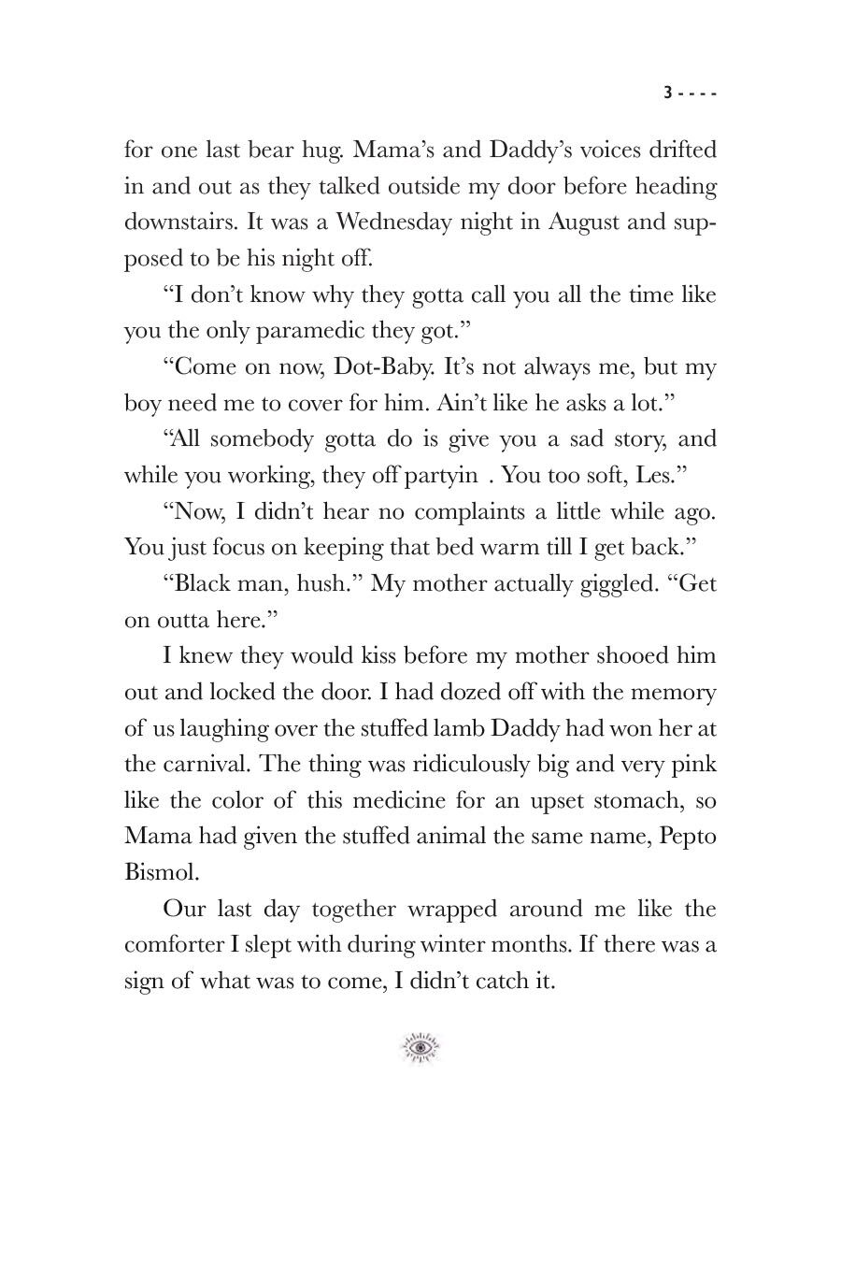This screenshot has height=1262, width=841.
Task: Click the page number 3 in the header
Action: tap(667, 93)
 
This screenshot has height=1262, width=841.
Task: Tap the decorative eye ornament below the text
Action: tap(420, 1048)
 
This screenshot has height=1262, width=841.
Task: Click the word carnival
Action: tap(208, 764)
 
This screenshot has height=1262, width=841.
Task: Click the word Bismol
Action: tap(161, 872)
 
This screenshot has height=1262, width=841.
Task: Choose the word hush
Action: tap(328, 583)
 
